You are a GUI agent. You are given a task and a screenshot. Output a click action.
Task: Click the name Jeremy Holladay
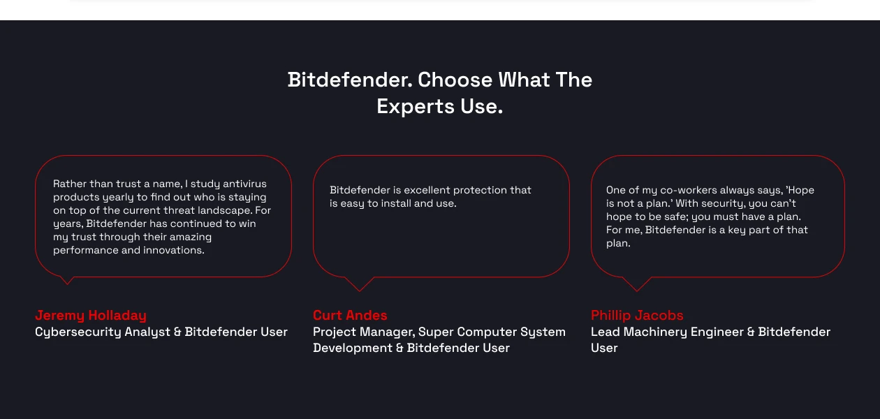[x=91, y=315]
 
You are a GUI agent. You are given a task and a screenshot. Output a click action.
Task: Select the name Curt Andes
[x=350, y=315]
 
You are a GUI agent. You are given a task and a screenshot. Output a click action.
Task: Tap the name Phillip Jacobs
[x=637, y=315]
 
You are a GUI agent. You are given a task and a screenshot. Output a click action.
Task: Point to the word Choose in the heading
[x=455, y=80]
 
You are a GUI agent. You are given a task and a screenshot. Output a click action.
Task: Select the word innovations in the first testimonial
[x=174, y=250]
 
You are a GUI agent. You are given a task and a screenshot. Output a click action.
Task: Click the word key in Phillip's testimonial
[x=736, y=230]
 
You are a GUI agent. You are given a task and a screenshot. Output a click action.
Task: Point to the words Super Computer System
[x=492, y=332]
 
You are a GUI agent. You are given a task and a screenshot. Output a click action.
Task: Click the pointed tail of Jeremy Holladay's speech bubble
[x=67, y=281]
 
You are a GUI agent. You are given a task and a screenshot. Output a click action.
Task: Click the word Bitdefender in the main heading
[x=349, y=80]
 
